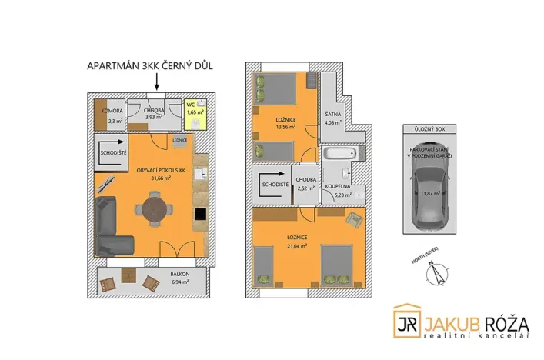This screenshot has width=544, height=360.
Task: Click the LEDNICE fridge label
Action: pyautogui.click(x=181, y=141)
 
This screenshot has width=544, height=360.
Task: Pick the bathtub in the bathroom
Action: pyautogui.click(x=336, y=155)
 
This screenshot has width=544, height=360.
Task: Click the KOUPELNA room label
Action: pyautogui.click(x=337, y=187)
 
